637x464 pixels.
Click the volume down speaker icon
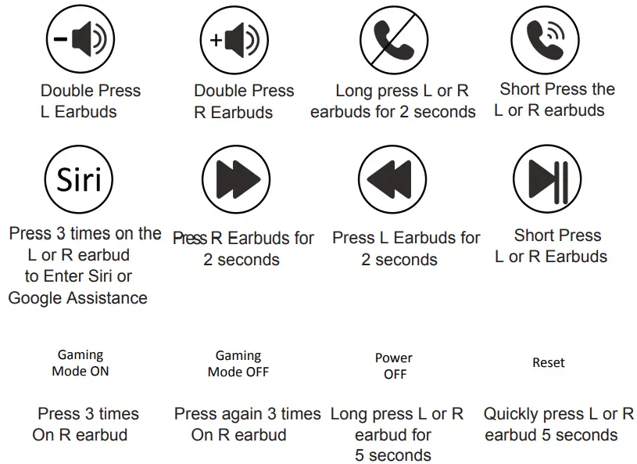pyautogui.click(x=80, y=41)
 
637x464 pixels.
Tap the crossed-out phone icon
pyautogui.click(x=393, y=41)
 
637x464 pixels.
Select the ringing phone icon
pyautogui.click(x=545, y=41)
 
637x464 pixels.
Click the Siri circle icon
pyautogui.click(x=80, y=180)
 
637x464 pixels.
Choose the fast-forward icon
pyautogui.click(x=236, y=180)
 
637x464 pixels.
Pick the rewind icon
pyautogui.click(x=393, y=180)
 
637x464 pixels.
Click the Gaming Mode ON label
pyautogui.click(x=81, y=363)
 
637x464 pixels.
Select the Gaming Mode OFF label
pyautogui.click(x=238, y=363)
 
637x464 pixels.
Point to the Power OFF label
pyautogui.click(x=394, y=365)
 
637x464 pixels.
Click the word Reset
pyautogui.click(x=549, y=363)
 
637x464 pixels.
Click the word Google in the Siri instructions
pyautogui.click(x=36, y=298)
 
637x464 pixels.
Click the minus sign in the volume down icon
pyautogui.click(x=61, y=40)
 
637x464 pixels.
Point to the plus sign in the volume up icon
pyautogui.click(x=216, y=41)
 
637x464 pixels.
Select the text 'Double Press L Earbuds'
pyautogui.click(x=90, y=102)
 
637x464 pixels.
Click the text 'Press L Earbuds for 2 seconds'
pyautogui.click(x=406, y=248)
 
